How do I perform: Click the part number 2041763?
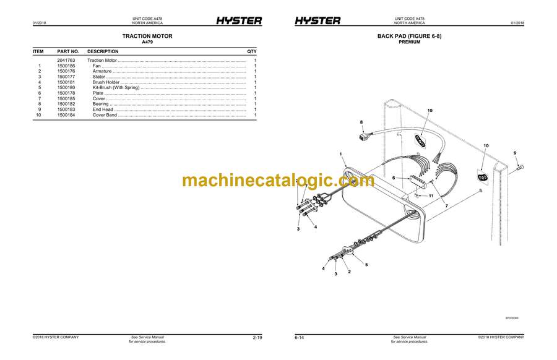click(66, 61)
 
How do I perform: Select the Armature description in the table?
click(102, 72)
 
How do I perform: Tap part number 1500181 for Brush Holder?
click(66, 82)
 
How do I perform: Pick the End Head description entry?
click(103, 109)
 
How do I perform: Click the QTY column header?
click(252, 51)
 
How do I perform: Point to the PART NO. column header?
click(68, 51)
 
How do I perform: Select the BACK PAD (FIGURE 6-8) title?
click(410, 36)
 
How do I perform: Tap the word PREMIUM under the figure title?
click(410, 43)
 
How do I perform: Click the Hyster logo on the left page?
click(239, 21)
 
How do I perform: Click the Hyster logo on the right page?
click(317, 21)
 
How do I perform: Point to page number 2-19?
click(258, 338)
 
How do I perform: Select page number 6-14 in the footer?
click(300, 338)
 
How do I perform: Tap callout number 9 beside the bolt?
click(514, 153)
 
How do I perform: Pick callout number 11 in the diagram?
click(431, 195)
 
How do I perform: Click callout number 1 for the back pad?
click(340, 153)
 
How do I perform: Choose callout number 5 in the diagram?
click(366, 265)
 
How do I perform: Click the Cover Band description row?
click(105, 115)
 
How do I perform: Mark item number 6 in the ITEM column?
click(39, 93)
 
